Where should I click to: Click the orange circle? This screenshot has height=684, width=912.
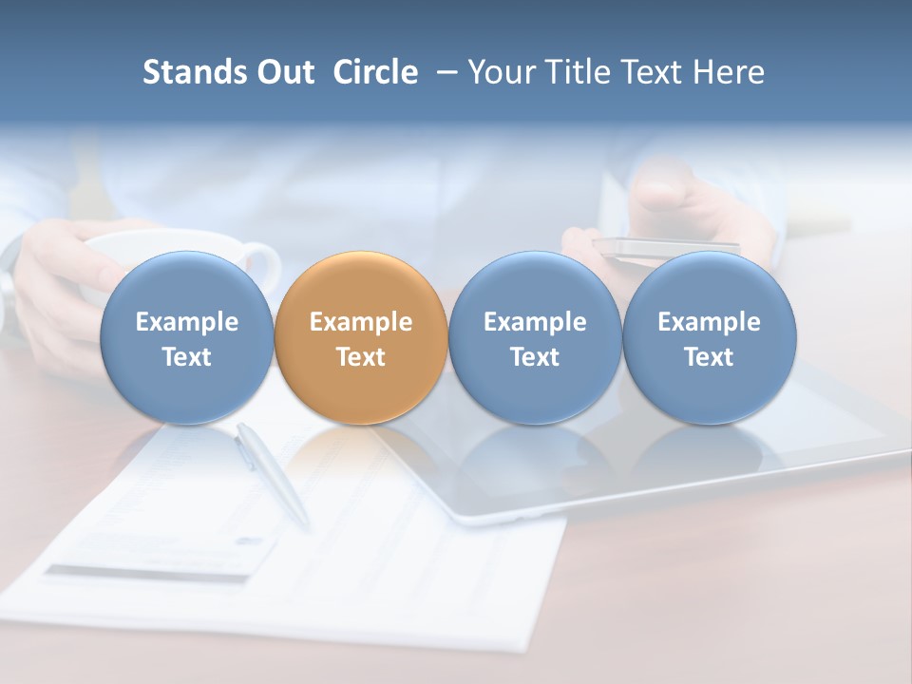click(x=361, y=337)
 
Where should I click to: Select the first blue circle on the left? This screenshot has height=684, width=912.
click(x=186, y=337)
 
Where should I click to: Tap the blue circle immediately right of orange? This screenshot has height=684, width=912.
click(x=535, y=337)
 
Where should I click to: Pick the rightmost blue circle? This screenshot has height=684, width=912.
click(x=710, y=337)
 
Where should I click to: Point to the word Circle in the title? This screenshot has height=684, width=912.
click(x=375, y=72)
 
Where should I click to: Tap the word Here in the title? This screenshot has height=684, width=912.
click(x=731, y=72)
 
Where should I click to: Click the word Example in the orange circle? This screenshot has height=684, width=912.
click(x=361, y=322)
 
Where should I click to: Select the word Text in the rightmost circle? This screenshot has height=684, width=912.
click(x=710, y=357)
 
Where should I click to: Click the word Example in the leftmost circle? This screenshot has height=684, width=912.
click(x=186, y=322)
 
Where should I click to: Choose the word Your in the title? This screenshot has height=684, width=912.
click(x=502, y=72)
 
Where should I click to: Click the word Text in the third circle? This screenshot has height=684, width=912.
click(x=535, y=357)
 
